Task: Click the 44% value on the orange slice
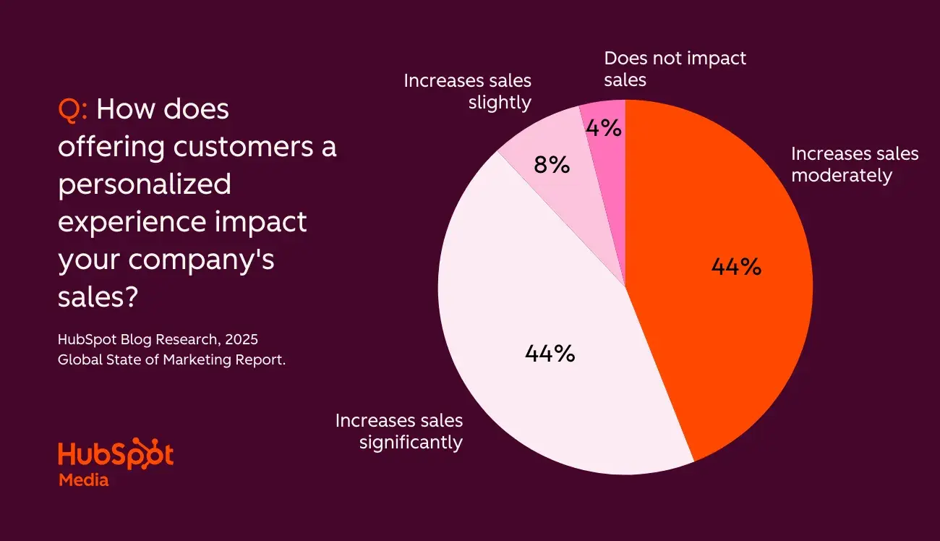click(x=736, y=267)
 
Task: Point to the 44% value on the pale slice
click(x=550, y=354)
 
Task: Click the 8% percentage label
click(x=552, y=166)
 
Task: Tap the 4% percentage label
click(x=603, y=129)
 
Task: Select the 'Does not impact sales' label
click(x=675, y=69)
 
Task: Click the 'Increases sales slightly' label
click(x=467, y=91)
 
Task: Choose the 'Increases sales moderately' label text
click(x=854, y=164)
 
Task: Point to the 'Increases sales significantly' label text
click(x=398, y=431)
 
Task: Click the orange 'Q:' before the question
click(x=73, y=110)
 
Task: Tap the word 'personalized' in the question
click(x=145, y=184)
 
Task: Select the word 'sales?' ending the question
click(x=98, y=297)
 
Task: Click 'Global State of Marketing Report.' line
click(x=171, y=359)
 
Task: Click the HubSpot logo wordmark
click(x=116, y=453)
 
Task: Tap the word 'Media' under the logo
click(x=83, y=480)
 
